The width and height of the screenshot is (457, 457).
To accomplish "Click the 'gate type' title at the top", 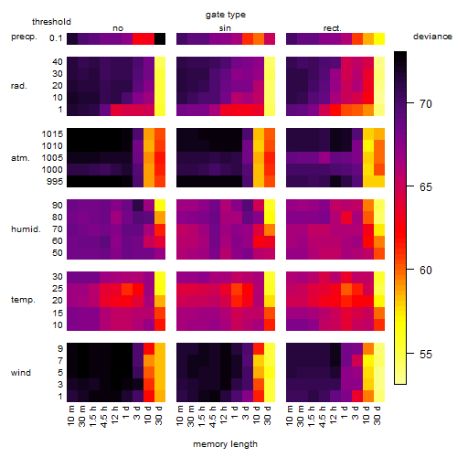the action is (226, 15).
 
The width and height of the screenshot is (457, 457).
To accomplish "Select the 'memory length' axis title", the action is (225, 444).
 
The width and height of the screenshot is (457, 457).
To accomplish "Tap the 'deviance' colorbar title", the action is (432, 37).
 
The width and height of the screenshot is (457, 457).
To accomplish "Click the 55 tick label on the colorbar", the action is (426, 354).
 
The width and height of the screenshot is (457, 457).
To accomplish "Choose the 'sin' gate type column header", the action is (225, 28).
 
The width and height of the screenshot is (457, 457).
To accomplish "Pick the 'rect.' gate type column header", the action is (332, 28).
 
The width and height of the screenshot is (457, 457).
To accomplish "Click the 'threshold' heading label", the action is (51, 22).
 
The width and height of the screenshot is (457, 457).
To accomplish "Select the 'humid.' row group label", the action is (26, 229).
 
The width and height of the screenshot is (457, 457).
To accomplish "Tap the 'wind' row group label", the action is (21, 373).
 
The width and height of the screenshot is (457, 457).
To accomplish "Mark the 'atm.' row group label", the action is (20, 158).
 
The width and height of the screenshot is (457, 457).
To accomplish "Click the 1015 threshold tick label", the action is (52, 134).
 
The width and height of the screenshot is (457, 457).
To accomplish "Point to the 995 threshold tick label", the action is (55, 182).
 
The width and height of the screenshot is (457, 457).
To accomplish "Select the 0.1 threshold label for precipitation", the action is (56, 38).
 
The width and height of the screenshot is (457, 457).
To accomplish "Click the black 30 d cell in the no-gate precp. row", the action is (160, 38).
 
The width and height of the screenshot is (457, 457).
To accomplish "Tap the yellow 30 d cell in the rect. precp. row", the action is (379, 38).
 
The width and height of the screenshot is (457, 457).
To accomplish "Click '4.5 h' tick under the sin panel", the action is (213, 417).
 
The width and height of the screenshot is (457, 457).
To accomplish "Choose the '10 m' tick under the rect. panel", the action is (290, 415).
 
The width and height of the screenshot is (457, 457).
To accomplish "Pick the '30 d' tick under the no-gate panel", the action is (158, 415).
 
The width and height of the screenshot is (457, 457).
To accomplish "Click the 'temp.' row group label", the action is (23, 300).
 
